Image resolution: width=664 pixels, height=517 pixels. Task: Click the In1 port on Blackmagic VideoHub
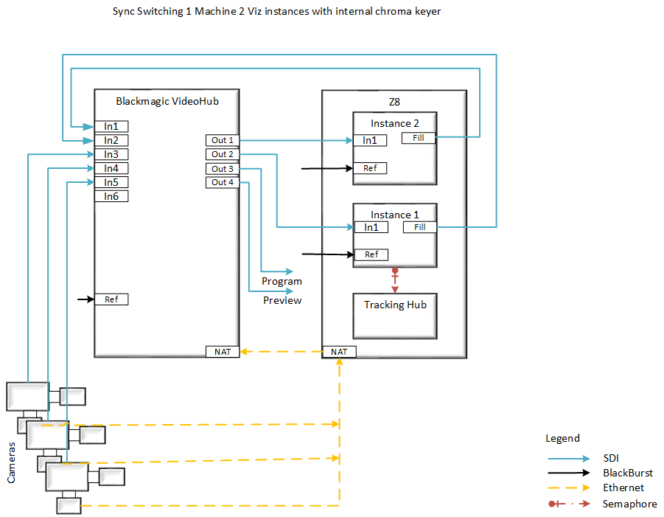[111, 126]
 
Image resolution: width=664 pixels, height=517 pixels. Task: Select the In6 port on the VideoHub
[111, 196]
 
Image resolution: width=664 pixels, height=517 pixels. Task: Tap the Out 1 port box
[223, 140]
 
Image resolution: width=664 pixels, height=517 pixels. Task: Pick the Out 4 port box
[223, 182]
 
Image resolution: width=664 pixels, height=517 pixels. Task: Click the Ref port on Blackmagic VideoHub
[111, 299]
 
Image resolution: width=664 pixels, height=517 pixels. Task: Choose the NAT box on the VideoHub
[223, 352]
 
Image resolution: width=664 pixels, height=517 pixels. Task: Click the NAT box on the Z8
[339, 352]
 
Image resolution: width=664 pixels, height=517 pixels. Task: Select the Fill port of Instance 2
[419, 138]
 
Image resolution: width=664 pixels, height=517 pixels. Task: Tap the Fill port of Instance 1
[419, 227]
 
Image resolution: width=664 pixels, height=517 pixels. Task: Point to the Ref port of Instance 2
[370, 168]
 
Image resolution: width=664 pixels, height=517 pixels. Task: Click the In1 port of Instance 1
[371, 227]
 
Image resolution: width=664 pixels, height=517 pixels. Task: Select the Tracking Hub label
[395, 305]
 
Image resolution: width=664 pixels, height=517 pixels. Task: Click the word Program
[282, 281]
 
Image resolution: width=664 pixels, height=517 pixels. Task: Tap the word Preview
[282, 300]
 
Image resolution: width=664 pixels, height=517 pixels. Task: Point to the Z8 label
[395, 100]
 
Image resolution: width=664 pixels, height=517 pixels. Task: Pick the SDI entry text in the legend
[611, 457]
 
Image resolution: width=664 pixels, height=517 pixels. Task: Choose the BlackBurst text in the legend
[627, 473]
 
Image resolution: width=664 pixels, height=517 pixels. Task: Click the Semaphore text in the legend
[629, 504]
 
